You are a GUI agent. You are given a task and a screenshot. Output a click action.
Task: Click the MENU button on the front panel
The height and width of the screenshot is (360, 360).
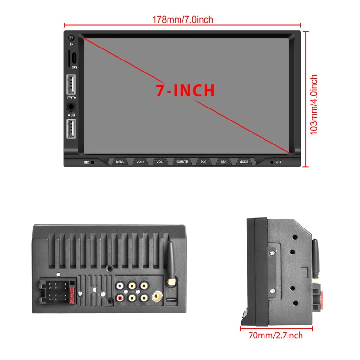pos(120,162)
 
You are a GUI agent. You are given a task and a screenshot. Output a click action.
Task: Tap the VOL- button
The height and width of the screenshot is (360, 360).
pos(160,162)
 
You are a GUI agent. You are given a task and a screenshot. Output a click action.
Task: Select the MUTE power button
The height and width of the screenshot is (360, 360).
pos(182,162)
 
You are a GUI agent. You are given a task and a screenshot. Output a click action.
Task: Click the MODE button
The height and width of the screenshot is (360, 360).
pos(244,162)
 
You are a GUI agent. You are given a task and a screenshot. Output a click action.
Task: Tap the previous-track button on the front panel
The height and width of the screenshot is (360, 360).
pos(204,162)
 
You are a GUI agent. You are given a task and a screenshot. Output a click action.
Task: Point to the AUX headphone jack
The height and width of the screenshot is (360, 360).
pos(72,107)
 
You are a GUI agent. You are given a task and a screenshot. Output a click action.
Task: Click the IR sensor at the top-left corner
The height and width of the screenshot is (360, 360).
pos(72,38)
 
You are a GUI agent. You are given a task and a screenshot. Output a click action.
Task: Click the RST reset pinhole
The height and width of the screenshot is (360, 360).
pos(272,162)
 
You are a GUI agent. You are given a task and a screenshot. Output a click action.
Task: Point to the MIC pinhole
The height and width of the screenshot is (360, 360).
pos(93,162)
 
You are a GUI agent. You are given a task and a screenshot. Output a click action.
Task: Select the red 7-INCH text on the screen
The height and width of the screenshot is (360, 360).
pos(185,90)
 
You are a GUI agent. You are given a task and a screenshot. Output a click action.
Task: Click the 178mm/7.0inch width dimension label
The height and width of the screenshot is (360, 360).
pos(182,20)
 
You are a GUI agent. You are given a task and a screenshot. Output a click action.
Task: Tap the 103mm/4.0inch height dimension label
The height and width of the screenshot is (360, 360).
pos(314,105)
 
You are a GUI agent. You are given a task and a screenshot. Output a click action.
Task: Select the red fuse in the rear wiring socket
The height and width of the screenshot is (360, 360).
pos(71,294)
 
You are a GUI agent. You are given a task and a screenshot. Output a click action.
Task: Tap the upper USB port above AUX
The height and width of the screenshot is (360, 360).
pos(72,85)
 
